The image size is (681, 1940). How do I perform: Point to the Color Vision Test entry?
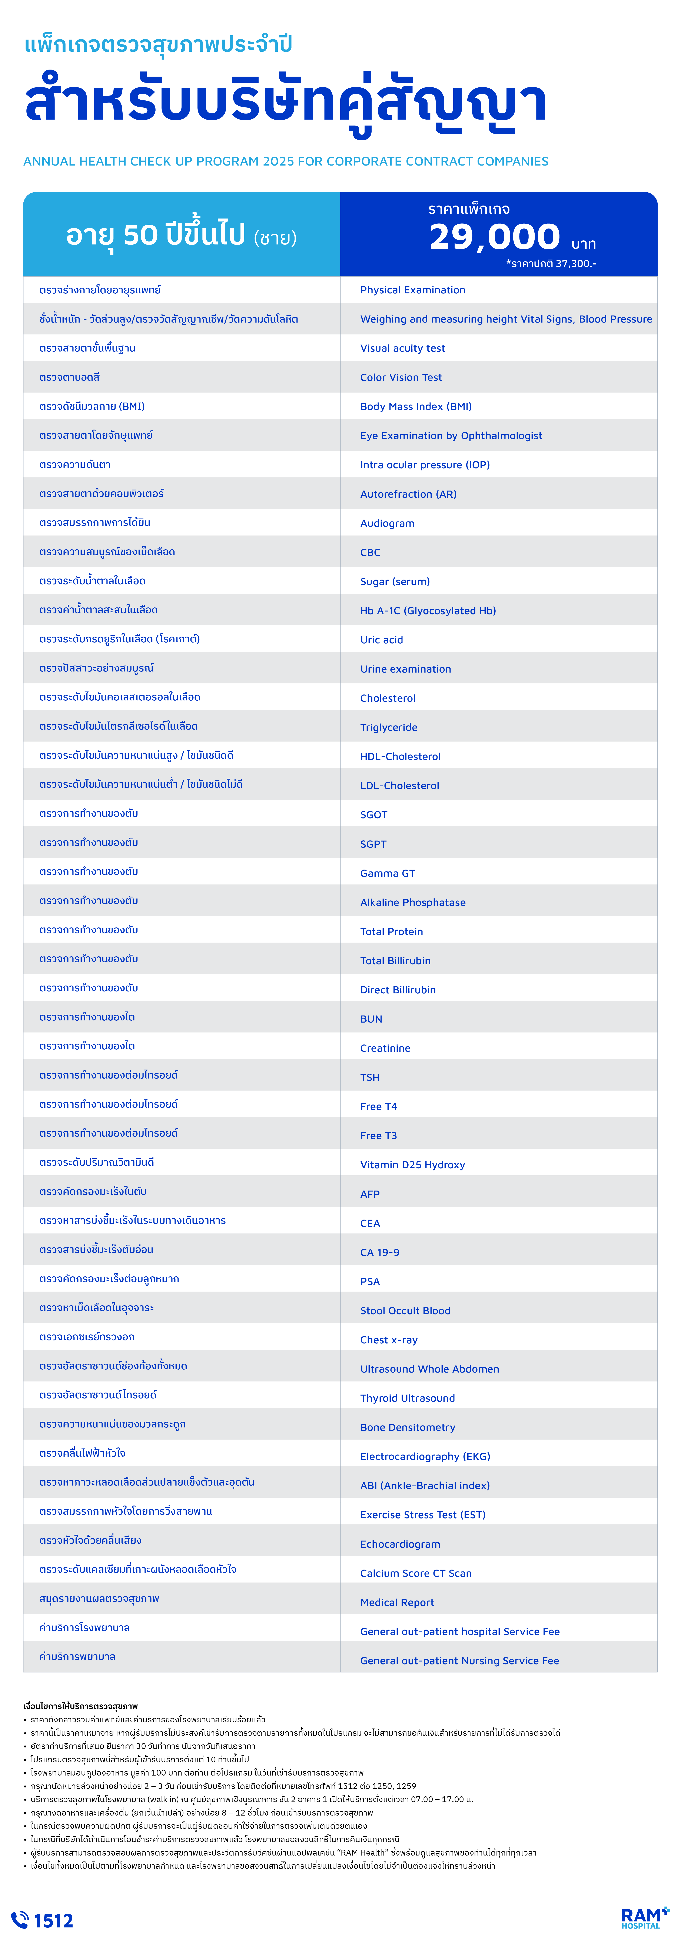point(401,377)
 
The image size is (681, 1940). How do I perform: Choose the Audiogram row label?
point(387,523)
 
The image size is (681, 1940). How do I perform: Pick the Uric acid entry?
point(381,640)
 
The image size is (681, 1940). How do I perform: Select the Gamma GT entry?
point(387,873)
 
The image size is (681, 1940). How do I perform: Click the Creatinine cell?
point(385,1048)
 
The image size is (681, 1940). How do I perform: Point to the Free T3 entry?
point(378,1136)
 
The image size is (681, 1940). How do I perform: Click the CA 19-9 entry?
point(380,1252)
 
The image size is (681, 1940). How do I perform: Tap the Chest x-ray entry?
point(389,1340)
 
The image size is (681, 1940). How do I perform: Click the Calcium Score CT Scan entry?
point(416,1573)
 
